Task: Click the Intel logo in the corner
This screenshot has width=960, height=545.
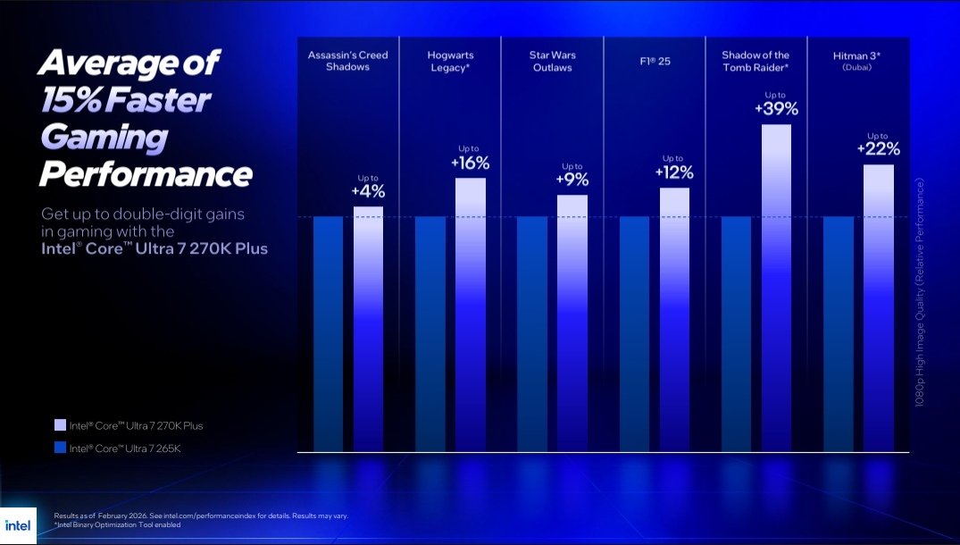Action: pyautogui.click(x=18, y=525)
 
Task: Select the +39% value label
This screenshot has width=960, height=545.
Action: pyautogui.click(x=776, y=109)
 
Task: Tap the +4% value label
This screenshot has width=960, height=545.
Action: pyautogui.click(x=368, y=191)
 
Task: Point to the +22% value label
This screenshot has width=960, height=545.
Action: pyautogui.click(x=878, y=149)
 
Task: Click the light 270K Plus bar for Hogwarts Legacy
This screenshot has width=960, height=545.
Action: pyautogui.click(x=471, y=313)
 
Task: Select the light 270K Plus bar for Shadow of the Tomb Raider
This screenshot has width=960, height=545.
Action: pyautogui.click(x=776, y=286)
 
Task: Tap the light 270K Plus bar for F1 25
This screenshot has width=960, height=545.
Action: pyautogui.click(x=674, y=318)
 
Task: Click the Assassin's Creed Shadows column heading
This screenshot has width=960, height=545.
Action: pyautogui.click(x=348, y=61)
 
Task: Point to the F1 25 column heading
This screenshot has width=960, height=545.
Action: pyautogui.click(x=655, y=61)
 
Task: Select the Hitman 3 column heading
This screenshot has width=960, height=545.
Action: pyautogui.click(x=857, y=60)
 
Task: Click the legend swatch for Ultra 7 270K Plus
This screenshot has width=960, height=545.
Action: pyautogui.click(x=60, y=425)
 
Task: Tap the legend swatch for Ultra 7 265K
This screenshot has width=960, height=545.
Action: pyautogui.click(x=60, y=448)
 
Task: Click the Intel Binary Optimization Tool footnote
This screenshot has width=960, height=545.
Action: pyautogui.click(x=118, y=524)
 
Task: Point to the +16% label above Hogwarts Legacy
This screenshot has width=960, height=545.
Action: pyautogui.click(x=471, y=163)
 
